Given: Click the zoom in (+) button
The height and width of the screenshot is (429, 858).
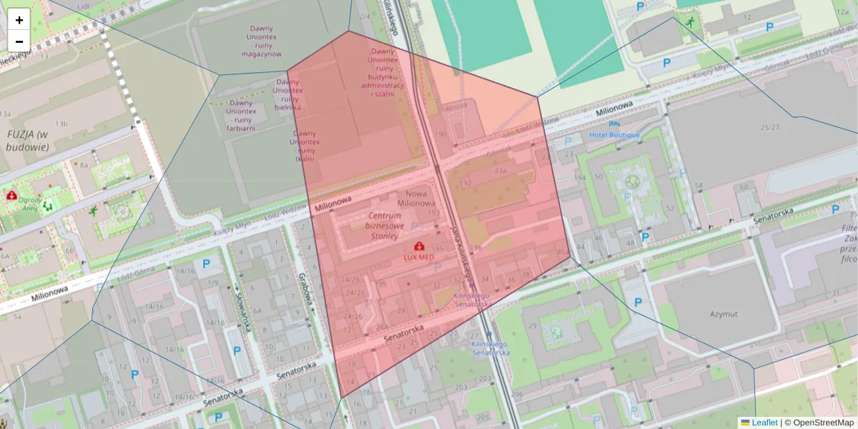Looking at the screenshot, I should [19, 20].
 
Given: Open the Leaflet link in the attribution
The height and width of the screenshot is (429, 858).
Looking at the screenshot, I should [764, 423].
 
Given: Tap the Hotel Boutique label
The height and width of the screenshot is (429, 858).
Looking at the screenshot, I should [614, 134].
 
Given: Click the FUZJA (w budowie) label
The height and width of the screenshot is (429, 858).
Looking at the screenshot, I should [27, 140].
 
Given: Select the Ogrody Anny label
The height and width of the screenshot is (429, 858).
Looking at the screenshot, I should [29, 205].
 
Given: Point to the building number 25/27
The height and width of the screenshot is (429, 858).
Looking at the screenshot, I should [770, 127].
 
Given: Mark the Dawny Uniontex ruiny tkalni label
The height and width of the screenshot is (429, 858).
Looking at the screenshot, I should [305, 146].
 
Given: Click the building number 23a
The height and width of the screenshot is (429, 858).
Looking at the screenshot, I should [500, 171].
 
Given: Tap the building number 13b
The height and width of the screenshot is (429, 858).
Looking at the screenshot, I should [62, 124].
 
